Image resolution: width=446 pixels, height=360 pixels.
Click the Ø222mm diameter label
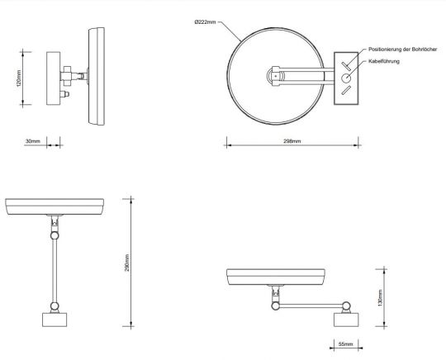[x=206, y=22]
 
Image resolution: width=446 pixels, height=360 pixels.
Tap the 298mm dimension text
[x=292, y=141]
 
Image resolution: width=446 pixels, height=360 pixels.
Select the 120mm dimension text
[x=18, y=78]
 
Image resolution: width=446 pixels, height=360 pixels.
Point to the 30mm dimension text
[x=33, y=141]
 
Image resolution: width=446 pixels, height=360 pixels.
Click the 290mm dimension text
[x=127, y=263]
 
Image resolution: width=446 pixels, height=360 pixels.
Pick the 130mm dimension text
[x=380, y=298]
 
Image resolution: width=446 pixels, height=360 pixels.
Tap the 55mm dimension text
[x=345, y=344]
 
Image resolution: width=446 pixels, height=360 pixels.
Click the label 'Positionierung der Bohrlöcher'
[x=402, y=50]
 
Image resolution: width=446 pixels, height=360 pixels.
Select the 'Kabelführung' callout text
[x=384, y=61]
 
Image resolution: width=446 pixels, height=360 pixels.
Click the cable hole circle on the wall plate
[x=346, y=78]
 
